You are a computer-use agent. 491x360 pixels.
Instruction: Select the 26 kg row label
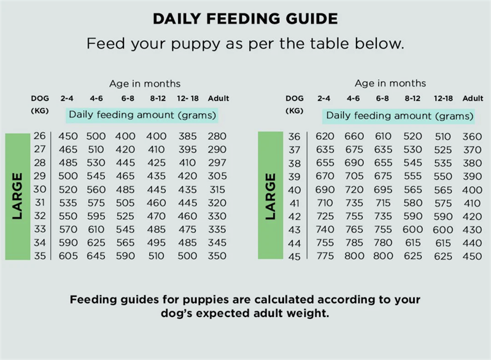point(39,136)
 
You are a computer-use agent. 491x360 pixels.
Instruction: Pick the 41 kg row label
point(295,203)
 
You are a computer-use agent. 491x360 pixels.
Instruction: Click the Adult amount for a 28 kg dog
point(217,163)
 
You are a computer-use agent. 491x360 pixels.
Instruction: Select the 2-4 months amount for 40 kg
point(325,190)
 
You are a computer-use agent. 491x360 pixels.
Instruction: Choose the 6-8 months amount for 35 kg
point(126,256)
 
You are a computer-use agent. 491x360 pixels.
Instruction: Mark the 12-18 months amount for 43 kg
point(443,230)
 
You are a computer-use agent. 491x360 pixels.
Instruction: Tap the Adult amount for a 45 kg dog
point(472,256)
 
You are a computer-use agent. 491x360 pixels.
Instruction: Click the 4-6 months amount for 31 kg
point(96,203)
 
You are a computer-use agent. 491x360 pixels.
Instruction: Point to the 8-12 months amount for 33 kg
point(156,230)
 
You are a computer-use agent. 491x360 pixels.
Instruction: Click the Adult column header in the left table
point(218,98)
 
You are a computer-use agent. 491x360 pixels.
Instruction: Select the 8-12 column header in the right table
point(412,98)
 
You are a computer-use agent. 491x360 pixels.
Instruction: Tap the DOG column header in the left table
point(39,98)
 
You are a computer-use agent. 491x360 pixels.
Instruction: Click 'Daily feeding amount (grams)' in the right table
point(400,115)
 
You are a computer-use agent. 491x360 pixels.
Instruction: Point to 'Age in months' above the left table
point(145,84)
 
